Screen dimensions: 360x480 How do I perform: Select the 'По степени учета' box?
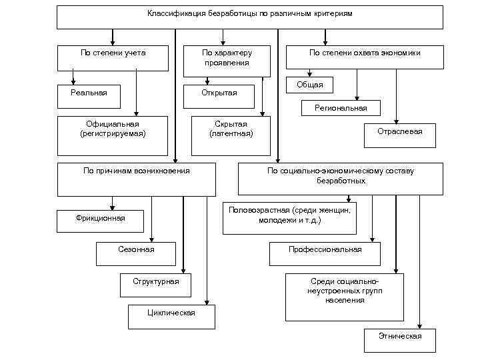click(113, 57)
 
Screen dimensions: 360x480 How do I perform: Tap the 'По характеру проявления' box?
click(227, 57)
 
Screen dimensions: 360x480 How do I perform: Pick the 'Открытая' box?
click(219, 95)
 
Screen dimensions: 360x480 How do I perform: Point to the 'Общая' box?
click(309, 85)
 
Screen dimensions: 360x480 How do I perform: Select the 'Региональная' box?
click(341, 108)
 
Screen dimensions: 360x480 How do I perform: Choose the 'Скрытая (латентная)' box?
click(231, 130)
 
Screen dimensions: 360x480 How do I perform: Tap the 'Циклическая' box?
click(171, 315)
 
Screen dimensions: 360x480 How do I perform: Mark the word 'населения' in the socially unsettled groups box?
click(345, 301)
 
